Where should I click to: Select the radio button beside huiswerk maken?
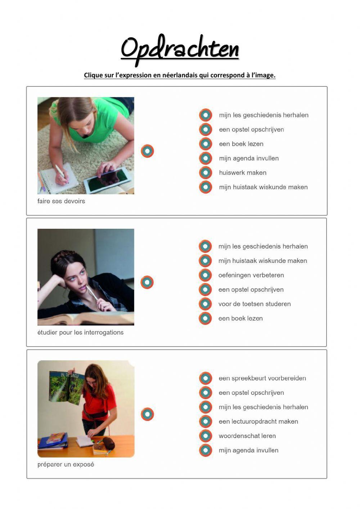tap(206, 173)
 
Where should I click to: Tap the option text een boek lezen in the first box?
tap(241, 144)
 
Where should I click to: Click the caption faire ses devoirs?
tap(61, 201)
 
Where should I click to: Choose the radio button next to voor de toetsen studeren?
tap(205, 304)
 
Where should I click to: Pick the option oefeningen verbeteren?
tap(251, 275)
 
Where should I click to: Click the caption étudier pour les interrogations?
tap(80, 332)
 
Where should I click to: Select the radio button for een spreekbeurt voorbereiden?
tap(206, 378)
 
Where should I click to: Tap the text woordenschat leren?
tap(247, 436)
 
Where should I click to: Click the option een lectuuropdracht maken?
tap(258, 421)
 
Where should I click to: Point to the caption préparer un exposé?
tap(66, 464)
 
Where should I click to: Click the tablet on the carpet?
tap(108, 177)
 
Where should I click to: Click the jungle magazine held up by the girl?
tap(66, 388)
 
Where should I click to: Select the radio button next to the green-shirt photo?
tap(147, 151)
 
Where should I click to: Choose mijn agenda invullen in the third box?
tap(248, 450)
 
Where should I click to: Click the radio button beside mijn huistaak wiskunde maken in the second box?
tap(205, 261)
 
